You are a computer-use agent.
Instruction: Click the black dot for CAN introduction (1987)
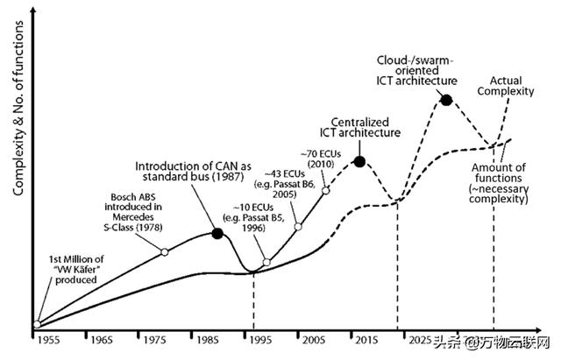[x=217, y=233]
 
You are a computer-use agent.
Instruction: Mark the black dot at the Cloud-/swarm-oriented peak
[x=445, y=100]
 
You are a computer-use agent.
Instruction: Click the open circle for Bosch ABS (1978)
[x=165, y=252]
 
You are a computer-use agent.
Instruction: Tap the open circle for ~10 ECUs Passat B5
[x=266, y=262]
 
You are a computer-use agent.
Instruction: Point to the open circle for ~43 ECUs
[x=298, y=226]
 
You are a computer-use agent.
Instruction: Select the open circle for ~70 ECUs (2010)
[x=326, y=189]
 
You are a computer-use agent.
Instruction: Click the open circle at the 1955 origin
[x=36, y=325]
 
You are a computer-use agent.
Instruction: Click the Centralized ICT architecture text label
[x=366, y=126]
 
